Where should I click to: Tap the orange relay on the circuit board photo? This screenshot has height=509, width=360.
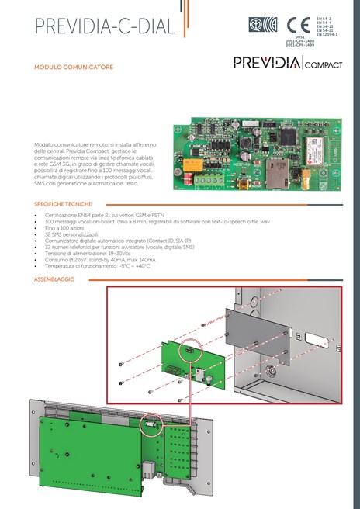pyautogui.click(x=192, y=165)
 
